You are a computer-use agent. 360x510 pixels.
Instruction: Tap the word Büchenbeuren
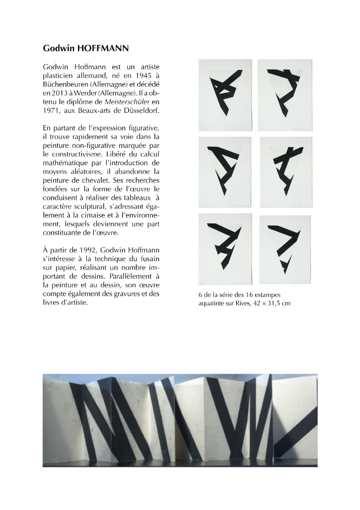coord(65,86)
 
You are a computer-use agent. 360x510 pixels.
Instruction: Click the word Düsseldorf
coord(139,111)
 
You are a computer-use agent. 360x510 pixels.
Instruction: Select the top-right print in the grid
coord(289,95)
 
